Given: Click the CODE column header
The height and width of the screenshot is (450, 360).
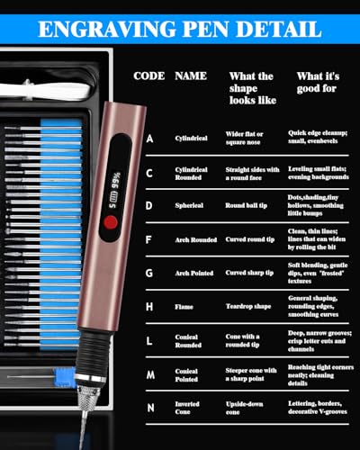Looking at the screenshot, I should (x=148, y=76).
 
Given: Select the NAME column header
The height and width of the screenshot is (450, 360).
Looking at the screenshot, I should (x=190, y=76).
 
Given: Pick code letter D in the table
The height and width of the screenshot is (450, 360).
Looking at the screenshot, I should (x=148, y=205).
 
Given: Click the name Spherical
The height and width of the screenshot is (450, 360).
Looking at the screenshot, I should (x=189, y=205).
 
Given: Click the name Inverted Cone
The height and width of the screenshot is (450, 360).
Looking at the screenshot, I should (x=188, y=408).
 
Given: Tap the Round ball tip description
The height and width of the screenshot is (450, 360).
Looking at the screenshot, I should (x=249, y=205).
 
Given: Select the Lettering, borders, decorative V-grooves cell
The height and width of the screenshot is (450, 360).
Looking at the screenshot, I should (x=319, y=408).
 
